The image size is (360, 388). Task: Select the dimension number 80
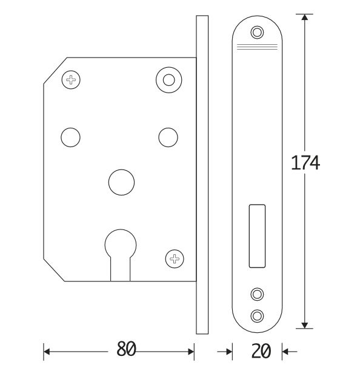pyautogui.click(x=125, y=349)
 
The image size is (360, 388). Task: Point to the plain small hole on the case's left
pyautogui.click(x=70, y=137)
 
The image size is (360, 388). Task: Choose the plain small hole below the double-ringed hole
pyautogui.click(x=167, y=137)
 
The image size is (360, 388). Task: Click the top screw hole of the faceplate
pyautogui.click(x=258, y=32)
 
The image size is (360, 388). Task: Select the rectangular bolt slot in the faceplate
pyautogui.click(x=257, y=237)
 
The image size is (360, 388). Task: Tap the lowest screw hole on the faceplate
pyautogui.click(x=258, y=315)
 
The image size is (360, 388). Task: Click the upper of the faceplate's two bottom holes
pyautogui.click(x=258, y=295)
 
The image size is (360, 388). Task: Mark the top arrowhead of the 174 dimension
pyautogui.click(x=304, y=17)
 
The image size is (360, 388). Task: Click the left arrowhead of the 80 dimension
pyautogui.click(x=47, y=350)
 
